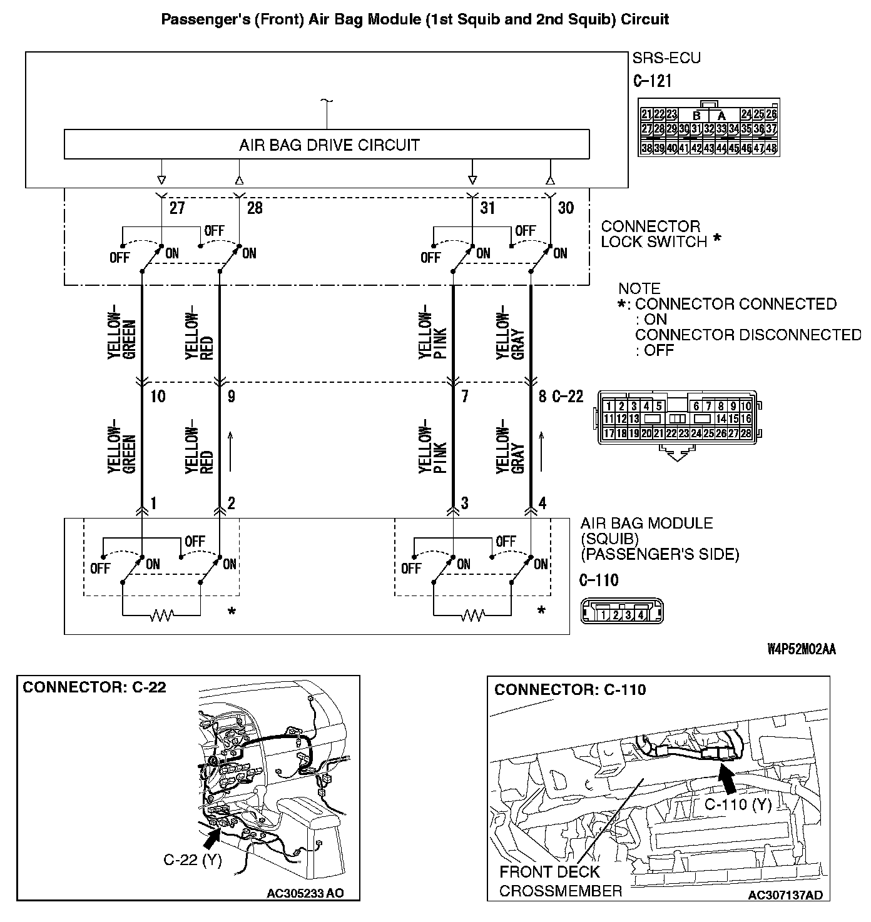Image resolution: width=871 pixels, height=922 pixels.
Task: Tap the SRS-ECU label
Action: click(666, 58)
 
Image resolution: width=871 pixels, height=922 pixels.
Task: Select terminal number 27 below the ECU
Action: click(177, 208)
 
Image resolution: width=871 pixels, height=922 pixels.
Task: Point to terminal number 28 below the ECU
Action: click(255, 208)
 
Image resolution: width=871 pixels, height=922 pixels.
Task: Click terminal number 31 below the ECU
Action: click(487, 208)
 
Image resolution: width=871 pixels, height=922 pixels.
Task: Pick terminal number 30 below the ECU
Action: click(565, 208)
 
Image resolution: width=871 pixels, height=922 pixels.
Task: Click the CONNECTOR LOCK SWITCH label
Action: click(655, 234)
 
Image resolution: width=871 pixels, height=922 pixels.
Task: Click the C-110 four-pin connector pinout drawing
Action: click(621, 612)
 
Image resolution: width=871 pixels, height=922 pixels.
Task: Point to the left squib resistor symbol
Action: click(161, 616)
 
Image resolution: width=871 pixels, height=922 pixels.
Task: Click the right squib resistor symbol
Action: click(472, 616)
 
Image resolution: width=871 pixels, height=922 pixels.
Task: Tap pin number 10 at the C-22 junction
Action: click(158, 397)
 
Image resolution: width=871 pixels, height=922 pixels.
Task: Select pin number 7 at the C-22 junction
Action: click(464, 397)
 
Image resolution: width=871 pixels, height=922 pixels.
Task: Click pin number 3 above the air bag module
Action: click(464, 503)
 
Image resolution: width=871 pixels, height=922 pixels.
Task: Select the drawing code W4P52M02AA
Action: click(801, 649)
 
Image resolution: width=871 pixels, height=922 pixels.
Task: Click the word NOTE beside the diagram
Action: click(639, 289)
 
